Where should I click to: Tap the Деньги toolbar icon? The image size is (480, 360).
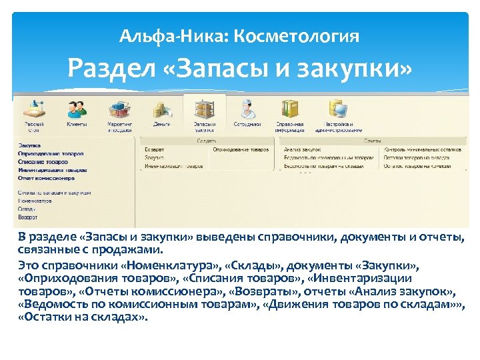[161, 108]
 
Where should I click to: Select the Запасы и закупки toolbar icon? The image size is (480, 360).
[204, 108]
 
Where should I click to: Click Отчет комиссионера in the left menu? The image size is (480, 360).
[47, 178]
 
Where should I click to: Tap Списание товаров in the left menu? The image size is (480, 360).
[44, 162]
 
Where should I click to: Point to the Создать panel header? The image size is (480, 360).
[205, 141]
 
